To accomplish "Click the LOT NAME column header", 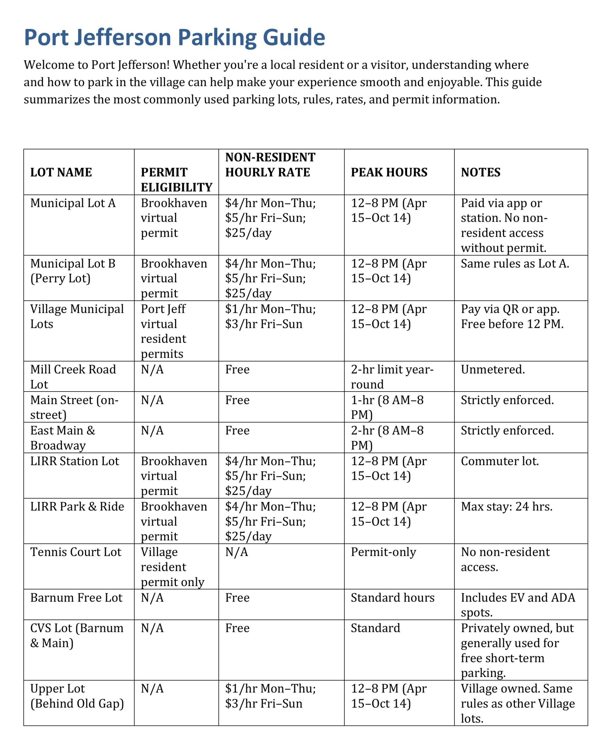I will (61, 172).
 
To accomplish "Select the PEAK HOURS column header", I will (389, 172).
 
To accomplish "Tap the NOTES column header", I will (480, 172).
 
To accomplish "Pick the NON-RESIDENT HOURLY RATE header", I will (270, 165).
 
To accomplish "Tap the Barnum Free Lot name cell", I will (76, 598).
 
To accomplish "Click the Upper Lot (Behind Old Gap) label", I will (77, 696).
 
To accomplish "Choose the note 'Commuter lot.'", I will (499, 461).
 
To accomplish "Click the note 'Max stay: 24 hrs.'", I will (506, 506).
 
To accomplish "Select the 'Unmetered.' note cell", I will (493, 369).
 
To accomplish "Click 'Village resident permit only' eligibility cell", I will (172, 567).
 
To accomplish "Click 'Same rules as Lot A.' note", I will (515, 263).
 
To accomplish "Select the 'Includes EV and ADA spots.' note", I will (518, 605).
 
